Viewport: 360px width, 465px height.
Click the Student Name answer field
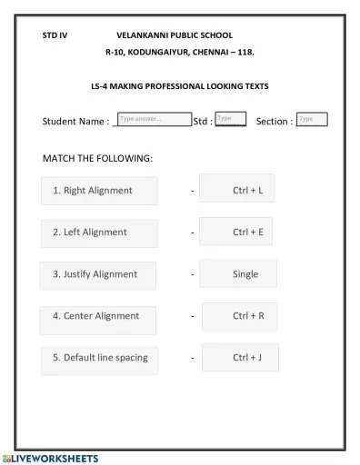[154, 119]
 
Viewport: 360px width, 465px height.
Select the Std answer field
[231, 119]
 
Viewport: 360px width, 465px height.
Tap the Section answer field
[312, 119]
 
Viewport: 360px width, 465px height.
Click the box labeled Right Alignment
[99, 191]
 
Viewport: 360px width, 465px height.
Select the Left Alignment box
[99, 232]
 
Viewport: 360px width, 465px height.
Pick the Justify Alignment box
[98, 274]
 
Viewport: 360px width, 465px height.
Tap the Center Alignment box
[98, 317]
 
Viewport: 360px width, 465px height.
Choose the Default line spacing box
[99, 359]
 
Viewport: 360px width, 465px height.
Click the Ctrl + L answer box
[237, 190]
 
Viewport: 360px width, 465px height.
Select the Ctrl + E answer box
[236, 232]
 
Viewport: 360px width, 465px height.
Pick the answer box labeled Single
[238, 273]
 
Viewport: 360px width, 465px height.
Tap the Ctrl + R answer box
[239, 316]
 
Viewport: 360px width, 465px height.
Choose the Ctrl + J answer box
[240, 358]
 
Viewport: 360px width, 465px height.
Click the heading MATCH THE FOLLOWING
[97, 158]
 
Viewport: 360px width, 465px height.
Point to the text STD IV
[55, 35]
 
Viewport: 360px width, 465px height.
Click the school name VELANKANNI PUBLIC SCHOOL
[175, 35]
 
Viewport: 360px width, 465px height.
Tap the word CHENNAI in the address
[211, 53]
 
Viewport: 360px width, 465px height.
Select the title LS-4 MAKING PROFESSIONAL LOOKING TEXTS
[180, 86]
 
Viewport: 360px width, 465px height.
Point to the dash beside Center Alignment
[192, 317]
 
